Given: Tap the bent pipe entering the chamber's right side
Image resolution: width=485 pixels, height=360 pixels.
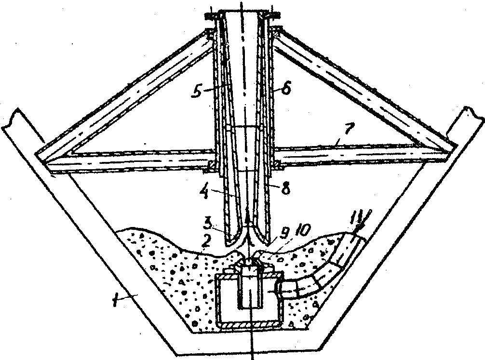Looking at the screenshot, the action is (309, 284).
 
